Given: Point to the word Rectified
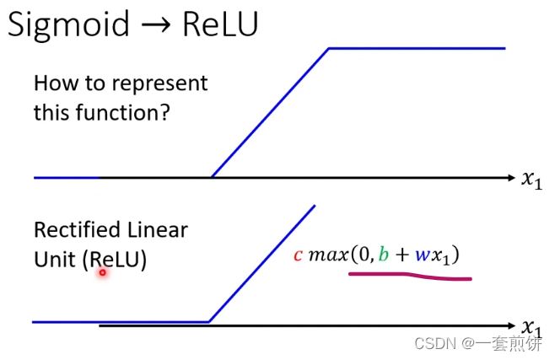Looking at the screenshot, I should [71, 229].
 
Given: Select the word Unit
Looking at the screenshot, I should [55, 260].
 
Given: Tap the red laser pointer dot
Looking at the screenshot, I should [103, 271].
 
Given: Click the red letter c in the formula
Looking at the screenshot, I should [298, 255].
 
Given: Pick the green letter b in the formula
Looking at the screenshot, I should [384, 254].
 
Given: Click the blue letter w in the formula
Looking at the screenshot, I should [422, 255].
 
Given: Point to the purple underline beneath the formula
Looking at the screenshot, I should [410, 276].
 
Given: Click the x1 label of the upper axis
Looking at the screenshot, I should [532, 179].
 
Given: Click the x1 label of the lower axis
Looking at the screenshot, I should [531, 327].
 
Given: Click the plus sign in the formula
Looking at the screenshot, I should [402, 255].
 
